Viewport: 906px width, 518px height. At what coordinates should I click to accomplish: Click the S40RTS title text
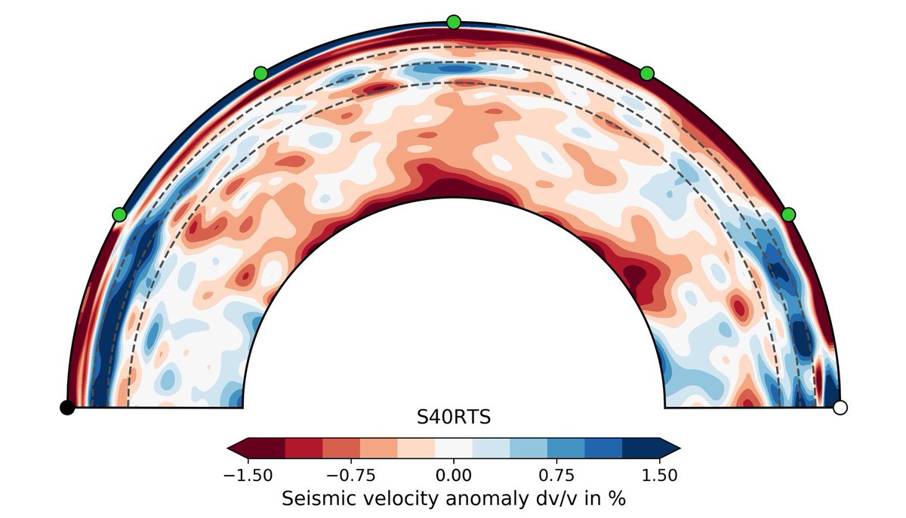pos(453,416)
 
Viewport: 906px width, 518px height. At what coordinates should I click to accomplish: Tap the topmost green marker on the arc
pos(453,22)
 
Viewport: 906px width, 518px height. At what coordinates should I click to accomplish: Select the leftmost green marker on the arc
pos(119,214)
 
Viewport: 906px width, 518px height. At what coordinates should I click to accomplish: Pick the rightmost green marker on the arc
pos(788,214)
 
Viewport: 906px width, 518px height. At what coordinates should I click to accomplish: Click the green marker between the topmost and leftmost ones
pos(260,73)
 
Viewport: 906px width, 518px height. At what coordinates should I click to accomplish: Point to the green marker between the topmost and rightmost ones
pos(646,73)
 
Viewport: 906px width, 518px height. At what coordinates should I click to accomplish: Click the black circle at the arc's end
pos(67,408)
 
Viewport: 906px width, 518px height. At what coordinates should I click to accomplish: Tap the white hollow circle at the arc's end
pos(840,408)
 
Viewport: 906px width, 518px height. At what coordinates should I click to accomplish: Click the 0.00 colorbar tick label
pos(453,475)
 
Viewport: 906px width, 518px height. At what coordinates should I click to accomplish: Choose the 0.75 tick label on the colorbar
pos(547,475)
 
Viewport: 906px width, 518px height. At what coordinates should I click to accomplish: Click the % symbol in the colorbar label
pos(618,498)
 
